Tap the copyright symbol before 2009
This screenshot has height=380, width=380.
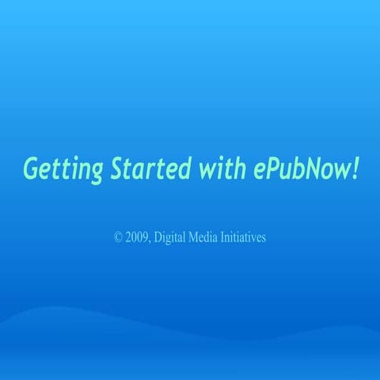pos(119,237)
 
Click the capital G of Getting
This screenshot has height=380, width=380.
pos(31,168)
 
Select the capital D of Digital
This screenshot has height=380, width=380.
pos(159,237)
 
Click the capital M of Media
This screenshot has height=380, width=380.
pos(195,237)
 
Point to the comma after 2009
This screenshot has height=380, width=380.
pos(150,241)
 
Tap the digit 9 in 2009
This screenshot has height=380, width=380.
pos(146,237)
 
